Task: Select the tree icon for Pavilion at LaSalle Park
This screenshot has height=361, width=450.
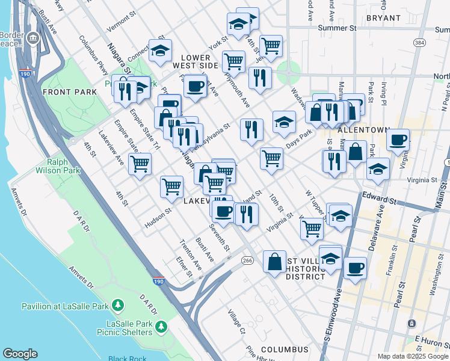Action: [x=118, y=306]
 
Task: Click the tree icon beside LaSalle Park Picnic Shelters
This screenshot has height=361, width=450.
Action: [x=161, y=327]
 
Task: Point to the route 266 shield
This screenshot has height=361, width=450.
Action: [x=247, y=260]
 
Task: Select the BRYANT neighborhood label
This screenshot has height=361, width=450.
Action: [x=383, y=18]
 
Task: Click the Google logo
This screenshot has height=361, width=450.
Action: [x=20, y=354]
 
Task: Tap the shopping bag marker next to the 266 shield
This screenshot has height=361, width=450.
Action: [x=274, y=262]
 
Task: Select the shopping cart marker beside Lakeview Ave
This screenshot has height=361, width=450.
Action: [x=140, y=163]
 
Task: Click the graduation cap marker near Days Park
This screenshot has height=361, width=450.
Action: [x=284, y=122]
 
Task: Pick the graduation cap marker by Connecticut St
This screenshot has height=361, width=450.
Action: [x=160, y=51]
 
